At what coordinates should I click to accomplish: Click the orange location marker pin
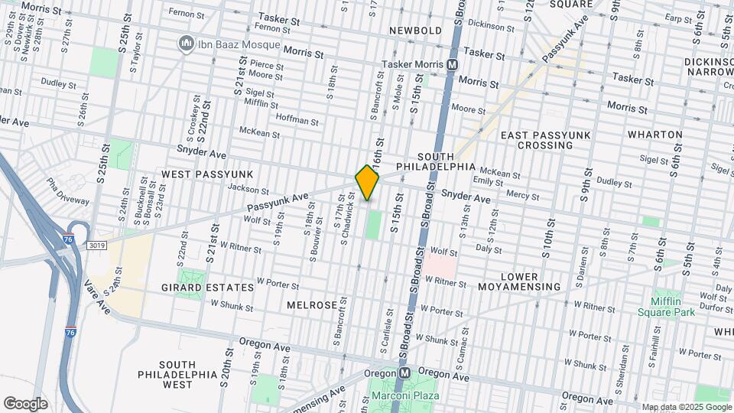(x=367, y=183)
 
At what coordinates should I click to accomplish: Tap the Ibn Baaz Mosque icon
(x=185, y=44)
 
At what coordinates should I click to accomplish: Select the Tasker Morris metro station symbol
(x=453, y=66)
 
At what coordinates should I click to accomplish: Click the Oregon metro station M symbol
(x=404, y=372)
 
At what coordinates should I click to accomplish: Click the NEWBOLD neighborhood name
(x=415, y=30)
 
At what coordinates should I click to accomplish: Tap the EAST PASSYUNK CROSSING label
(x=546, y=140)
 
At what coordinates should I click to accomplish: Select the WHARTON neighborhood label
(x=655, y=135)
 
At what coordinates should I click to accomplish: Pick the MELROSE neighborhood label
(x=311, y=304)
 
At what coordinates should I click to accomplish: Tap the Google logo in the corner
(x=25, y=403)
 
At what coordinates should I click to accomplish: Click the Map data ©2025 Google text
(x=686, y=407)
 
